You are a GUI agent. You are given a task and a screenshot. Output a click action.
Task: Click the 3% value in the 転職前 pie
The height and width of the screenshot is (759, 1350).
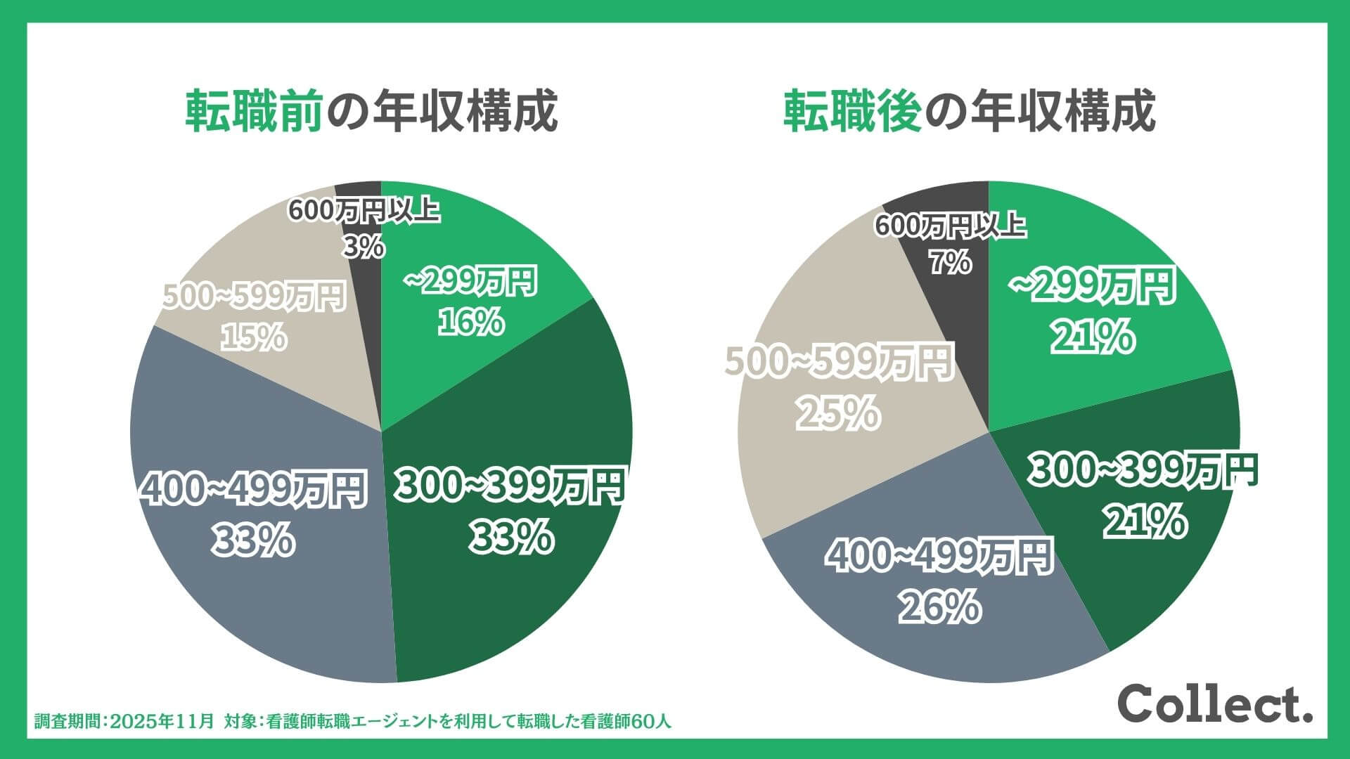pos(364,247)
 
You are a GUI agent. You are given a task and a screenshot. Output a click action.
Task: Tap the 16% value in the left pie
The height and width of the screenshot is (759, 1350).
pos(471,322)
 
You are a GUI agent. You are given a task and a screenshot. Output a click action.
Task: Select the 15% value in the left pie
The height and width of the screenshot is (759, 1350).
pos(254,337)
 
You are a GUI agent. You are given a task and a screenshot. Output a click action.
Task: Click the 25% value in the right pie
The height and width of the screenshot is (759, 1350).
pos(838,413)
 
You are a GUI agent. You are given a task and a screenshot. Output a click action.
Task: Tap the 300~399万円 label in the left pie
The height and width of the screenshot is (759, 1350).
pos(510,486)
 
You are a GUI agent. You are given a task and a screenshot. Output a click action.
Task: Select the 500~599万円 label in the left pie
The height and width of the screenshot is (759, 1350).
pos(254,297)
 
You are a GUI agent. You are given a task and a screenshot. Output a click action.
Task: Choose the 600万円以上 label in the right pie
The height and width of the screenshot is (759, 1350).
pos(950,226)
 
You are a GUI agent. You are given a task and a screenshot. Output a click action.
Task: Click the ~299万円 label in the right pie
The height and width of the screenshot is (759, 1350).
pos(1093,285)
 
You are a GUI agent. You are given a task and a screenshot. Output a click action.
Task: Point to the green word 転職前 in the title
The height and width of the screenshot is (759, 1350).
pos(254,111)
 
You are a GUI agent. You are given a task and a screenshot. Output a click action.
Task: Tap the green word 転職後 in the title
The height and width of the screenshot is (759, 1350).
pos(852,111)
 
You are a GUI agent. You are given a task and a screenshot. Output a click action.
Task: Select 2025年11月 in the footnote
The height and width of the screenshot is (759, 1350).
pos(162,721)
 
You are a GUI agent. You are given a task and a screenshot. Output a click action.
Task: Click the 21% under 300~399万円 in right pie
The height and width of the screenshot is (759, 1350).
pos(1144,522)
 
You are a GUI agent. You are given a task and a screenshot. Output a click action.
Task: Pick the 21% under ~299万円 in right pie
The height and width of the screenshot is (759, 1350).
pos(1093,337)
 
